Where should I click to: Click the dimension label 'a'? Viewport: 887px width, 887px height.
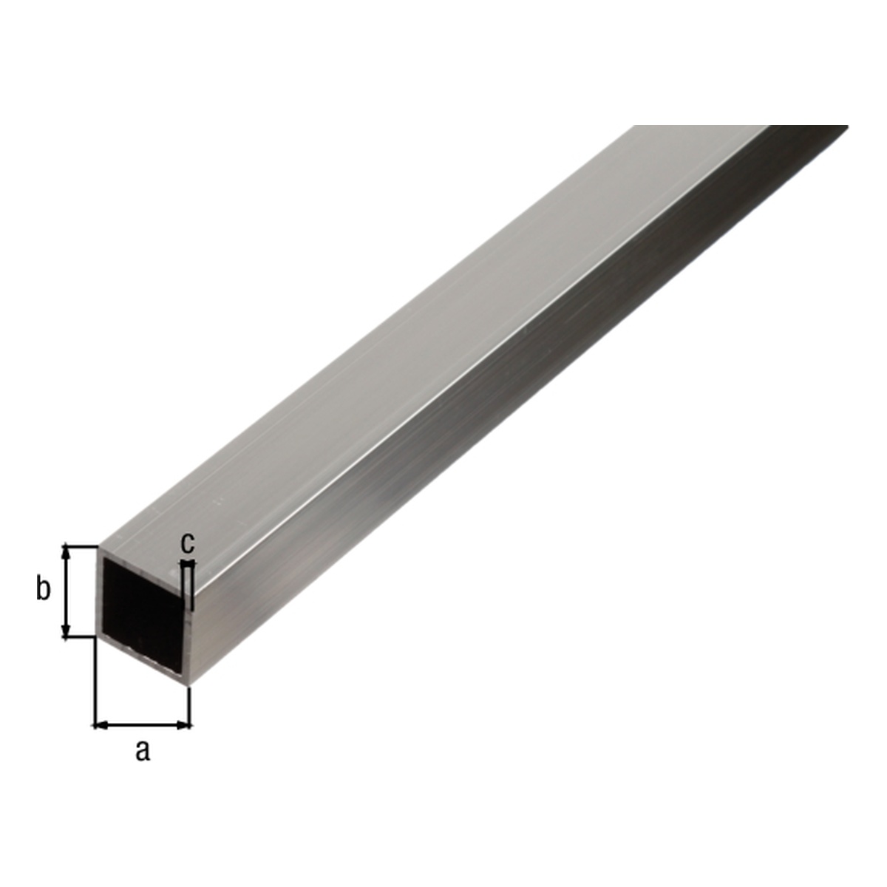[x=143, y=752]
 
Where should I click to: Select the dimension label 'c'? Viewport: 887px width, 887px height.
[x=187, y=543]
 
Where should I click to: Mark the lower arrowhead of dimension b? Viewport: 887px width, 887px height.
[x=67, y=631]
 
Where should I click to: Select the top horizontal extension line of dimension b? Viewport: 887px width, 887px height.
[x=81, y=546]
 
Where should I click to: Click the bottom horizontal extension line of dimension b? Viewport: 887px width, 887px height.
[x=79, y=637]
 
